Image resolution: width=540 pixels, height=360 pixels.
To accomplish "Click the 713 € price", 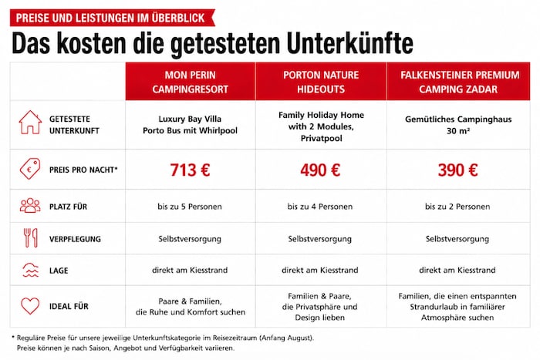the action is click(x=190, y=170).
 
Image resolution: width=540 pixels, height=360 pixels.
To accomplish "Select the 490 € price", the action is click(x=320, y=170).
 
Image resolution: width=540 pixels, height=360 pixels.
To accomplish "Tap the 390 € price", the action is click(x=457, y=170).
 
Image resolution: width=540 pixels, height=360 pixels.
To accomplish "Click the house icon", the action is click(x=30, y=122).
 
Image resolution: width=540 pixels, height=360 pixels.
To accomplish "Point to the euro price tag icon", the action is click(x=30, y=169).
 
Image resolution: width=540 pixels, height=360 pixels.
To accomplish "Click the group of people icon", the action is click(x=30, y=206).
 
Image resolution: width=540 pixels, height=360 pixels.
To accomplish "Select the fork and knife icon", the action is click(x=30, y=238).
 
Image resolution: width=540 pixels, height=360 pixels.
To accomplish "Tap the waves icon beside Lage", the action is click(x=31, y=270).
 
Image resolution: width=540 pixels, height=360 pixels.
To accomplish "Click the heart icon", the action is click(x=30, y=305).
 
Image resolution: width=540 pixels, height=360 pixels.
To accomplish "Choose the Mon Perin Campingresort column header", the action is click(x=191, y=82).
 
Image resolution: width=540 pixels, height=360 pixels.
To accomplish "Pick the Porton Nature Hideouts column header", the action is click(x=321, y=82).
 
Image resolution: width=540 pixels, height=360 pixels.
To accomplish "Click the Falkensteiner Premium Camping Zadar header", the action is click(x=459, y=82).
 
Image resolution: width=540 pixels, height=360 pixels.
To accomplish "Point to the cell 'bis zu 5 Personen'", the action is click(x=190, y=207).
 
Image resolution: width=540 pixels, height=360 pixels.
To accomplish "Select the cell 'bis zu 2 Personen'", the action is click(x=457, y=207).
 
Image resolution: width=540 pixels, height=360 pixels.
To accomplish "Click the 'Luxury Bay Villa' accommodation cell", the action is click(x=190, y=125).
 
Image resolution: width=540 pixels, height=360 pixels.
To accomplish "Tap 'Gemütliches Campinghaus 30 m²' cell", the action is click(x=458, y=125).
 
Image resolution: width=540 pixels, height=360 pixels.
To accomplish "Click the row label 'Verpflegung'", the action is click(x=75, y=239).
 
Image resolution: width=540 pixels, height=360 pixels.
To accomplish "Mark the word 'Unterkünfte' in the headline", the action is click(x=350, y=44).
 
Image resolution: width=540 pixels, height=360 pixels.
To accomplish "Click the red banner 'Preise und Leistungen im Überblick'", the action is click(x=113, y=18).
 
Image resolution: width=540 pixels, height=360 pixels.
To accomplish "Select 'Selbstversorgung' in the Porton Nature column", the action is click(x=320, y=239).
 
